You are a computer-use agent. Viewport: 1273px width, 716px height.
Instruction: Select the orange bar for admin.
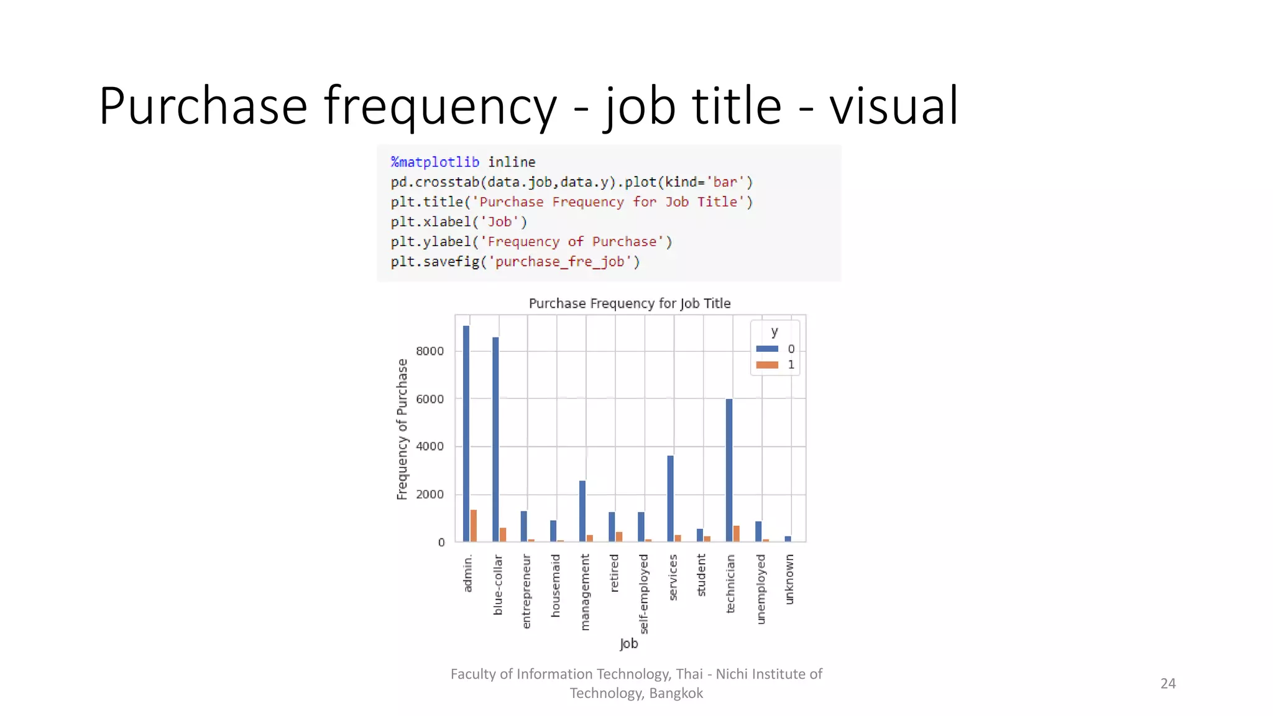pyautogui.click(x=474, y=526)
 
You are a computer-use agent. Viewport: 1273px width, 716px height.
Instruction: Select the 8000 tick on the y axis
pyautogui.click(x=430, y=351)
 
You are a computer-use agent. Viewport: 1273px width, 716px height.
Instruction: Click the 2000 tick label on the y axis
pyautogui.click(x=430, y=495)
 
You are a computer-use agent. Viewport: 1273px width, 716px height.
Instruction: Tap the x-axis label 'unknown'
pyautogui.click(x=789, y=579)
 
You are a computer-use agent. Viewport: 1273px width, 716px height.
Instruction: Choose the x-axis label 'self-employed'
pyautogui.click(x=644, y=594)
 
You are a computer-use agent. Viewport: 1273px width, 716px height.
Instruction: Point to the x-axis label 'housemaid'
pyautogui.click(x=556, y=585)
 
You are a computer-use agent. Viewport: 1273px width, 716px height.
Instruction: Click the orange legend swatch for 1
pyautogui.click(x=767, y=365)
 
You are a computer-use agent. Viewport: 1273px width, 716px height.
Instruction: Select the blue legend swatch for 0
pyautogui.click(x=767, y=349)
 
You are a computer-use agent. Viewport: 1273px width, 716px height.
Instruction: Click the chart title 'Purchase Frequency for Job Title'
pyautogui.click(x=630, y=303)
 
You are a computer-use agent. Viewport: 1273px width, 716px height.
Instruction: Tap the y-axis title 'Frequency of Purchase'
pyautogui.click(x=402, y=429)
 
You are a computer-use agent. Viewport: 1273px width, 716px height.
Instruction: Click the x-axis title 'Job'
pyautogui.click(x=629, y=643)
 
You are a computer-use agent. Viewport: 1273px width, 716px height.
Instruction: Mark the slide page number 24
pyautogui.click(x=1168, y=684)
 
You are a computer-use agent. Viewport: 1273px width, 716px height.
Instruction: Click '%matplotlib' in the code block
pyautogui.click(x=435, y=162)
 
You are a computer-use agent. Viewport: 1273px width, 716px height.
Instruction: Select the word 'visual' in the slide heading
pyautogui.click(x=894, y=106)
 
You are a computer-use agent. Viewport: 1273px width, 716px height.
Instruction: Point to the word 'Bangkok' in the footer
pyautogui.click(x=676, y=694)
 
